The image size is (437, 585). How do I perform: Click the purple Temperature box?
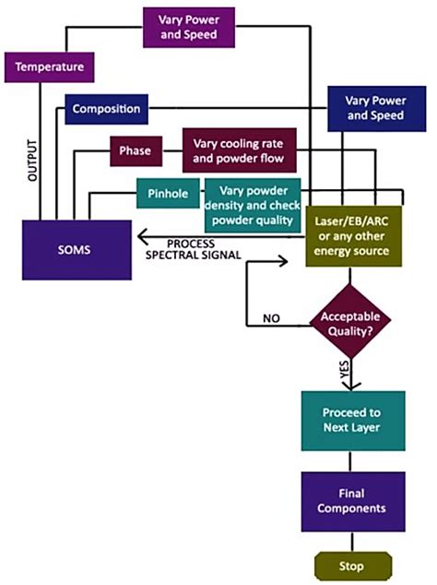pyautogui.click(x=49, y=66)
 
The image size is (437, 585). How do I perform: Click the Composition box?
pyautogui.click(x=105, y=109)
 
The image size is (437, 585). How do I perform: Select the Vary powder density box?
pyautogui.click(x=251, y=204)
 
